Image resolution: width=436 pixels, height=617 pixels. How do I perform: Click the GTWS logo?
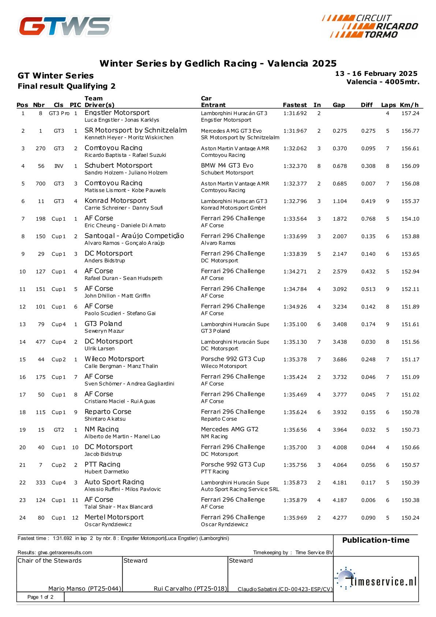click(65, 26)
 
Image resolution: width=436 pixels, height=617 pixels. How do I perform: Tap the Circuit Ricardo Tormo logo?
click(370, 26)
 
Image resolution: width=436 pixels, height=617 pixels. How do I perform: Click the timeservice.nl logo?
click(376, 579)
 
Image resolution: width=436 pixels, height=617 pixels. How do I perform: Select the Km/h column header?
click(409, 105)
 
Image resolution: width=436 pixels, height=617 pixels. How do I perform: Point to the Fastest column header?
click(295, 105)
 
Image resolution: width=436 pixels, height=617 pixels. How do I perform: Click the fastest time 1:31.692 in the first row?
click(295, 114)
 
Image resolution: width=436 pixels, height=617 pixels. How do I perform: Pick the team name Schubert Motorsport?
click(118, 166)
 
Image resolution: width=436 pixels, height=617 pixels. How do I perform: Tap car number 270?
click(41, 149)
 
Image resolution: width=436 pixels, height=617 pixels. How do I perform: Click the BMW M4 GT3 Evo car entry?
click(227, 166)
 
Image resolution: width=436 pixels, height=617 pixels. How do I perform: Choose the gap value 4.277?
click(340, 518)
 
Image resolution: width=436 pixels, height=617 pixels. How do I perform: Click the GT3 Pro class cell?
click(59, 114)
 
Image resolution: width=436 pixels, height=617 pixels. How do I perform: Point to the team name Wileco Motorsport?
click(114, 359)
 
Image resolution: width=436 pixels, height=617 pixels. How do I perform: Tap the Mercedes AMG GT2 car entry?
click(230, 429)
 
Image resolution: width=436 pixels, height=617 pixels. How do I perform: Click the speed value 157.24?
click(410, 114)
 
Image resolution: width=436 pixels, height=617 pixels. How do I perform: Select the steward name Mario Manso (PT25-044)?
click(85, 589)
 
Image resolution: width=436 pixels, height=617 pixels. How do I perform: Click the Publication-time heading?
click(376, 540)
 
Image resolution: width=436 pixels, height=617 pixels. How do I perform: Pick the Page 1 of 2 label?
click(40, 597)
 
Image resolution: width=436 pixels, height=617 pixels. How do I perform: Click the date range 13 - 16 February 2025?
click(376, 74)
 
